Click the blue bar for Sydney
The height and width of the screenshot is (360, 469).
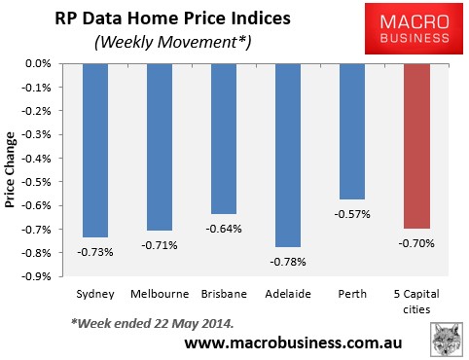click(94, 150)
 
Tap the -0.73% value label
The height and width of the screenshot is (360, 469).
click(94, 251)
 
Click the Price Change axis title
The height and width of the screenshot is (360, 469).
click(15, 170)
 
